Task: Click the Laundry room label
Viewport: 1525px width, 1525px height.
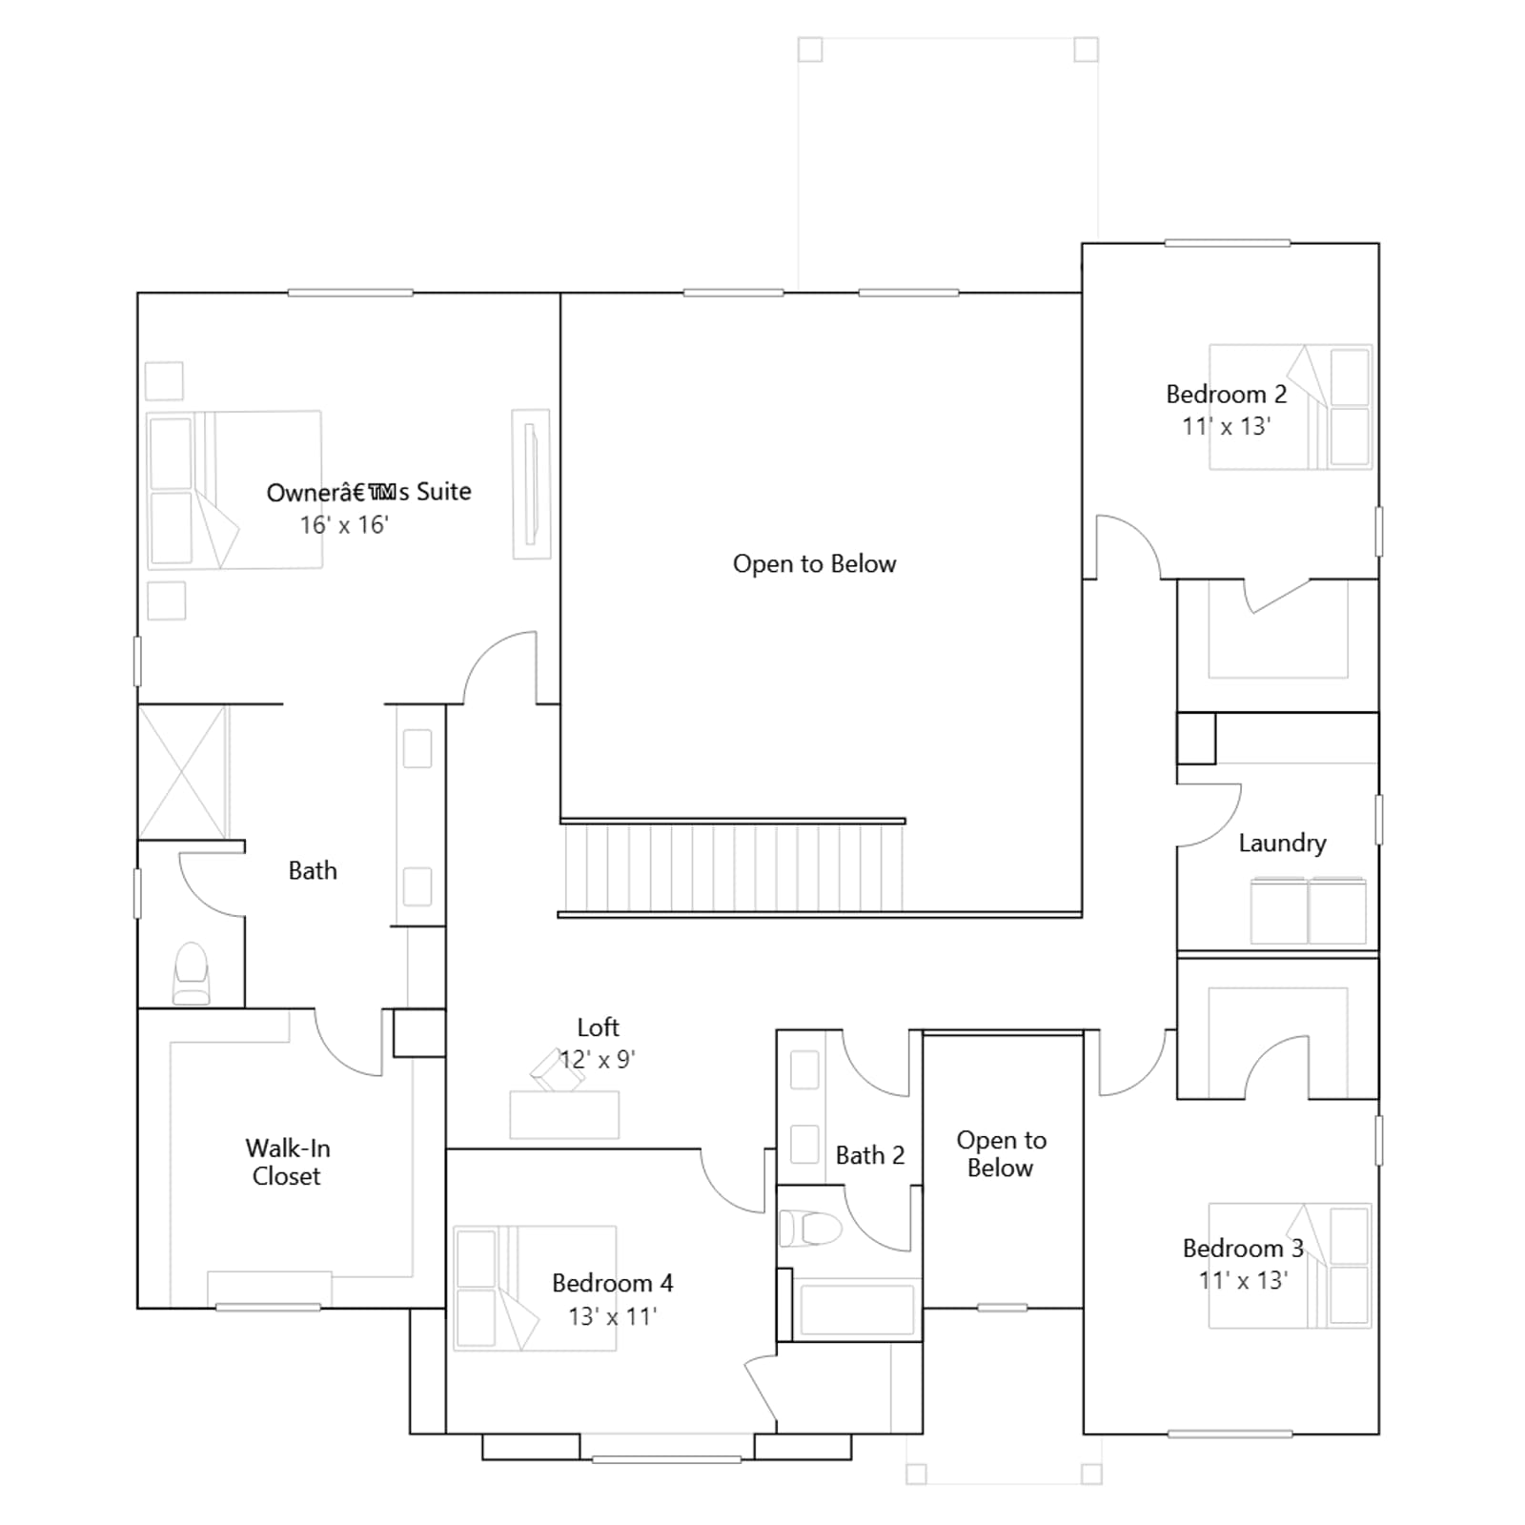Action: click(1282, 843)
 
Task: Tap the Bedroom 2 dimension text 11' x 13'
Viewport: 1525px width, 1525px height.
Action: click(1226, 426)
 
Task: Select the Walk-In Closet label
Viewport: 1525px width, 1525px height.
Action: click(287, 1162)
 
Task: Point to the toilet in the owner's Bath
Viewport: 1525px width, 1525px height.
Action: click(192, 973)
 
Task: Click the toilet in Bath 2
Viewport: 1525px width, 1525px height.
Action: click(810, 1229)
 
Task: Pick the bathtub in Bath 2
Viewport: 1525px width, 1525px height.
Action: click(857, 1310)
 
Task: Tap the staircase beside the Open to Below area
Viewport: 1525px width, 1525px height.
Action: click(732, 866)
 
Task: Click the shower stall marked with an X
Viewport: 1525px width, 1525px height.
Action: click(183, 772)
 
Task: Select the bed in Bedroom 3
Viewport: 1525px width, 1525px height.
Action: click(1290, 1266)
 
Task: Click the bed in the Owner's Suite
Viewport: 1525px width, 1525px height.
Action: click(234, 490)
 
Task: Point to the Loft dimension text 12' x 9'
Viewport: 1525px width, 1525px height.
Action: click(598, 1060)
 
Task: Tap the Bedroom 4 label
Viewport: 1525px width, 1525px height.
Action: click(612, 1283)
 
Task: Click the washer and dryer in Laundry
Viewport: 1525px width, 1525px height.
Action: click(1309, 911)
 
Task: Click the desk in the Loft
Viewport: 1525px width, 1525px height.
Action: click(564, 1114)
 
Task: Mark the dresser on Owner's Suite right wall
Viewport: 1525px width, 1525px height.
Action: click(531, 483)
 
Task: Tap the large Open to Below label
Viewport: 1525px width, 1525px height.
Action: click(815, 564)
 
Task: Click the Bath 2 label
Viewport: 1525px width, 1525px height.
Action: click(870, 1155)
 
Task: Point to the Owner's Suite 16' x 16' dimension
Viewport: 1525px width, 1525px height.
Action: click(344, 525)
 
